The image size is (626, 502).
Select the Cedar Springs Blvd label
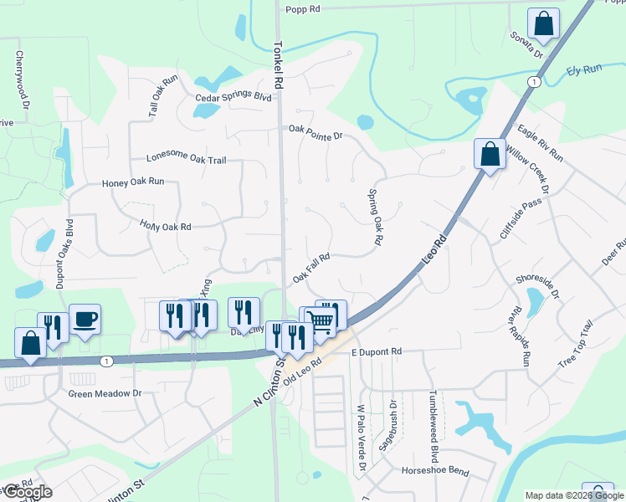click(233, 98)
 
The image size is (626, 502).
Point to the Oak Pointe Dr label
click(316, 131)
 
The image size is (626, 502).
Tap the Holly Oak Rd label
click(166, 226)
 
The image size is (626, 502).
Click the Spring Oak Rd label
click(376, 216)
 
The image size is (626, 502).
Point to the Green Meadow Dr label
click(105, 393)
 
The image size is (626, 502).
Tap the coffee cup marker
click(85, 319)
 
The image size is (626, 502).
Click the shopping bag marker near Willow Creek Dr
click(490, 154)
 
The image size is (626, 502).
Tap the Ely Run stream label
click(584, 70)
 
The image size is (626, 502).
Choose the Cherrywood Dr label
click(22, 79)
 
